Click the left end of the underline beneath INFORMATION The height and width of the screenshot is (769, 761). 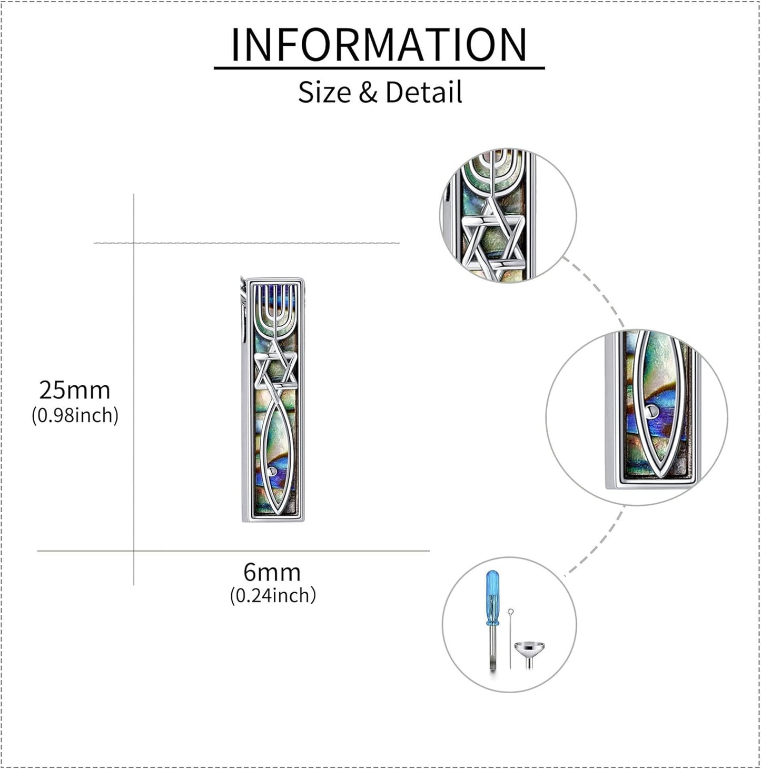214,68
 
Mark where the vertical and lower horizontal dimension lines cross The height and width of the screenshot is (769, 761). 134,551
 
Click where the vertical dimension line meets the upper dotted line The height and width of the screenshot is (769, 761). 134,243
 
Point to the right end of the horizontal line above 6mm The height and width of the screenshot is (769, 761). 429,551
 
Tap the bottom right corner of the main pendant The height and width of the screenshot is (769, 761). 304,522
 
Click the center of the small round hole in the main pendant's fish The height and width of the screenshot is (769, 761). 273,472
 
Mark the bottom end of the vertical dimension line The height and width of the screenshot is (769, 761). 134,585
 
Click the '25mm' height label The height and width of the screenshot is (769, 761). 75,390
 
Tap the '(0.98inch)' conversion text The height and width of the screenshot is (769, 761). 75,416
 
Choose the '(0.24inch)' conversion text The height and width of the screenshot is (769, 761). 273,596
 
